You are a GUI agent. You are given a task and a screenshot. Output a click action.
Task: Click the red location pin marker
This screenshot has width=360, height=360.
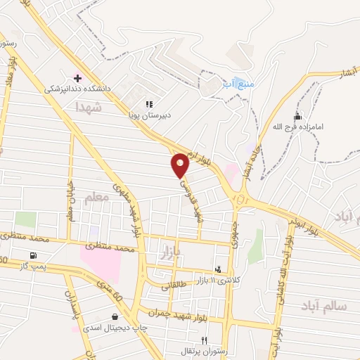(x=180, y=165)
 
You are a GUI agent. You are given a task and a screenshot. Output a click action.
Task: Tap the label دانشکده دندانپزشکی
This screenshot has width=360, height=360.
(x=73, y=89)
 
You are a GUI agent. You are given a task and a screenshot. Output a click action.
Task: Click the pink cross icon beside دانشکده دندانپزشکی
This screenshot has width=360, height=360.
(x=77, y=77)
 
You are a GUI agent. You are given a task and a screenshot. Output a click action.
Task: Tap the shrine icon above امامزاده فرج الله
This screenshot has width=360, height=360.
(x=297, y=116)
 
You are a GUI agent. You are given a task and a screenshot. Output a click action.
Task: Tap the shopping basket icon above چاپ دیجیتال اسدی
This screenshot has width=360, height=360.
(x=115, y=316)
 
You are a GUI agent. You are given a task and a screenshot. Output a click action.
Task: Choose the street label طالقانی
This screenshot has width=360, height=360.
(x=176, y=285)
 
